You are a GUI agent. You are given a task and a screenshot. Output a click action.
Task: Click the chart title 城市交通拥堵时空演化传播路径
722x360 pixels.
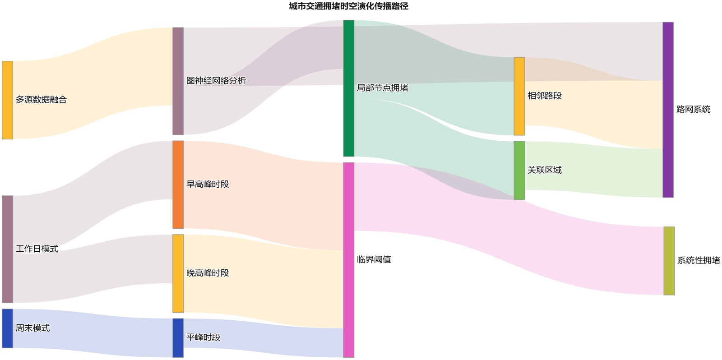348,6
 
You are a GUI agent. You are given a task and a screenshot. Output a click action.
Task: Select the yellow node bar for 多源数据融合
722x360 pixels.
8,100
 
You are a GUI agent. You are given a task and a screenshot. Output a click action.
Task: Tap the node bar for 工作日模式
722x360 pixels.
8,249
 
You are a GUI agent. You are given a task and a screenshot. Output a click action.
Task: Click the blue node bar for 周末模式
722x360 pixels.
8,328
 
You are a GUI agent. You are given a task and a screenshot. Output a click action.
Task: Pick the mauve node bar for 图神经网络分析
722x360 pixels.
178,81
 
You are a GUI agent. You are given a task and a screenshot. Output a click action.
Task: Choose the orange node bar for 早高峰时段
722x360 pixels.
178,185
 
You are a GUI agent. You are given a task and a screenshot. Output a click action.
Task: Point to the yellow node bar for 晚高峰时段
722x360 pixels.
178,273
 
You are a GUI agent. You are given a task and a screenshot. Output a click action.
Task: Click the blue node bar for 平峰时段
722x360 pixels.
178,338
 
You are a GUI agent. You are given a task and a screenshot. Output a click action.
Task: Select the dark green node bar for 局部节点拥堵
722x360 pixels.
349,88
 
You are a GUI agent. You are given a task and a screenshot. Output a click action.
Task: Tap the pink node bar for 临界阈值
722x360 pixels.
349,260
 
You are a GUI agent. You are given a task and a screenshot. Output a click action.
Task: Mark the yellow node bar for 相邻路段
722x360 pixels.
519,96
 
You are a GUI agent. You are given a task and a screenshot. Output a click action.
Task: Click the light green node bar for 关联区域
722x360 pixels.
519,171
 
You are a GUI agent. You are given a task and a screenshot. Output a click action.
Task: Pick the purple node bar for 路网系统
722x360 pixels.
668,110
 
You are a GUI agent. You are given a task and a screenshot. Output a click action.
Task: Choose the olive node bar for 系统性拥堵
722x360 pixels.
669,261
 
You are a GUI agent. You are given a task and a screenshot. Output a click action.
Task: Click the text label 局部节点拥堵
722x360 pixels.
382,88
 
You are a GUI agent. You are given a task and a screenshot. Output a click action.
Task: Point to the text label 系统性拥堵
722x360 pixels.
699,260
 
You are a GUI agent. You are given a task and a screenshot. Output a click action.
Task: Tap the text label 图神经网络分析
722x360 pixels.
216,81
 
